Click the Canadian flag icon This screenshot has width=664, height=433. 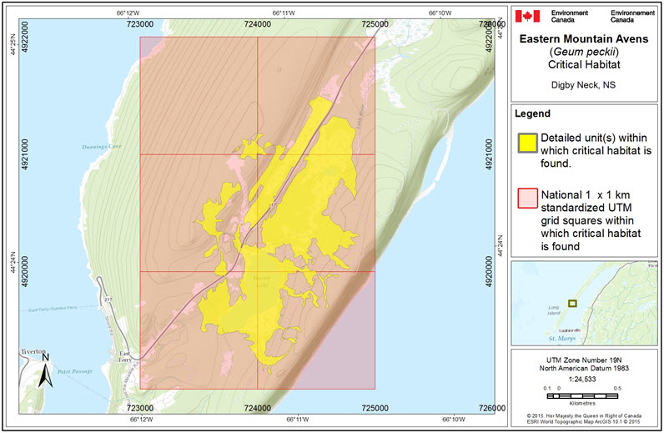pyautogui.click(x=528, y=16)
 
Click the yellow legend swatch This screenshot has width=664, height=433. pyautogui.click(x=526, y=143)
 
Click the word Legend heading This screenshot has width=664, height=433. pyautogui.click(x=533, y=113)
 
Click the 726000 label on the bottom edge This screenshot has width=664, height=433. pyautogui.click(x=491, y=408)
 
